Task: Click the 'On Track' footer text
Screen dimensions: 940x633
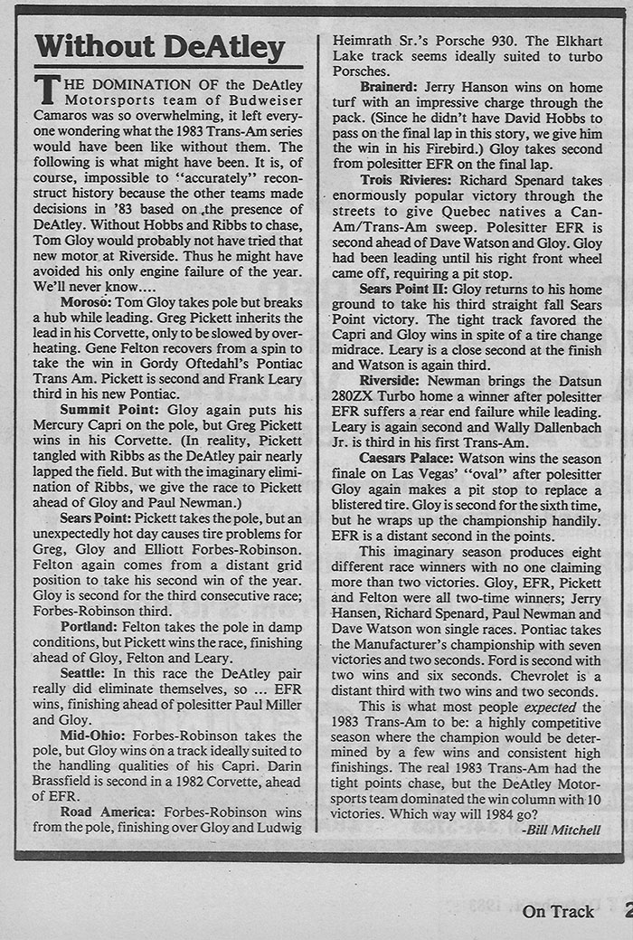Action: (558, 911)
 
